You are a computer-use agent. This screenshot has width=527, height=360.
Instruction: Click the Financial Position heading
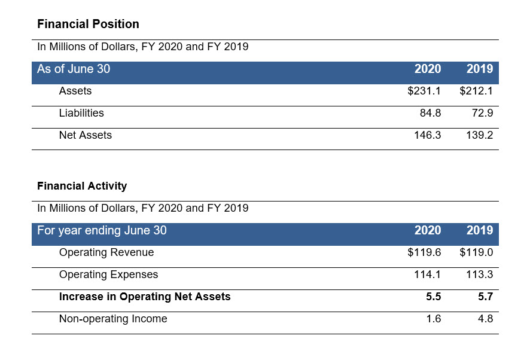tap(88, 25)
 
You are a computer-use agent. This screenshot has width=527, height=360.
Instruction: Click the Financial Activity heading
tap(82, 186)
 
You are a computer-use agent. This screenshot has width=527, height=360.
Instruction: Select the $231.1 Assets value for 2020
tap(424, 91)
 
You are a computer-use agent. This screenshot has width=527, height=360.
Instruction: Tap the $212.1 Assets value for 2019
tap(476, 91)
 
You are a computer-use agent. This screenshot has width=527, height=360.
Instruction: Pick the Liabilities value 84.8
tap(430, 113)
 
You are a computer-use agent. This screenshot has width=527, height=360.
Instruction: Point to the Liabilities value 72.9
tap(482, 113)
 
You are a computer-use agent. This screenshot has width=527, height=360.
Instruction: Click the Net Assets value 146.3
tap(427, 135)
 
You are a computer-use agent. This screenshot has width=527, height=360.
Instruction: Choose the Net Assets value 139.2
tap(479, 135)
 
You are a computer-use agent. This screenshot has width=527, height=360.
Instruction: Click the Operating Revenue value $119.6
tap(424, 252)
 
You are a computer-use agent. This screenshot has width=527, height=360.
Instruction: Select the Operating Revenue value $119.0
tap(476, 252)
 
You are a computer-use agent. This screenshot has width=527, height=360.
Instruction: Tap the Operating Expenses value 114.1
tap(427, 274)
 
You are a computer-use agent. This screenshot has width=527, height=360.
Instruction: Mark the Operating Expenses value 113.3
tap(479, 274)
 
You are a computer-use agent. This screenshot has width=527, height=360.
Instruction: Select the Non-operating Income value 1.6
tap(434, 319)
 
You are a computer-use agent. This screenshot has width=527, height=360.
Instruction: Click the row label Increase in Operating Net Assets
tap(145, 297)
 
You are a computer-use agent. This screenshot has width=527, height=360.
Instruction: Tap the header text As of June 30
tap(74, 69)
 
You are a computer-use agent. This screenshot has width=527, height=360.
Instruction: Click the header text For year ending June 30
tap(102, 231)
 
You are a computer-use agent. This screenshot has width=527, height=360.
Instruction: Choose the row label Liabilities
tap(81, 113)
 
